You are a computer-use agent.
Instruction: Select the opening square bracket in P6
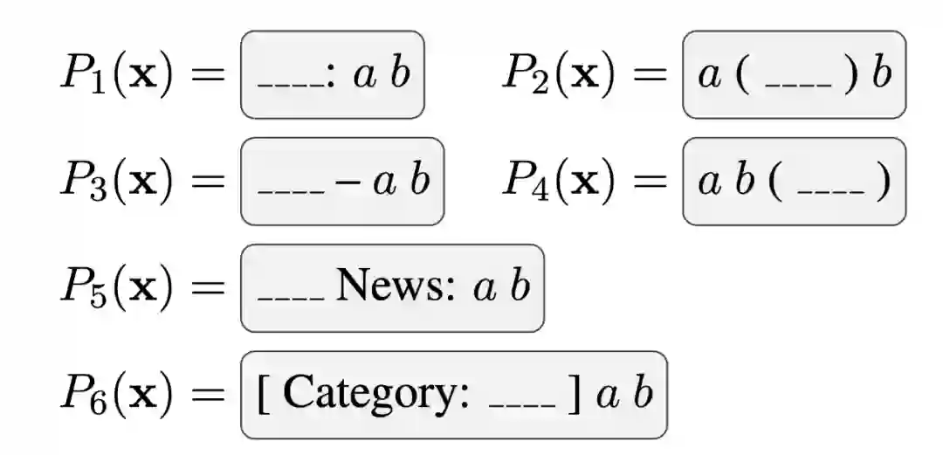(x=265, y=395)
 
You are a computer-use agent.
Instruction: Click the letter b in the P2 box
(x=882, y=74)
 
